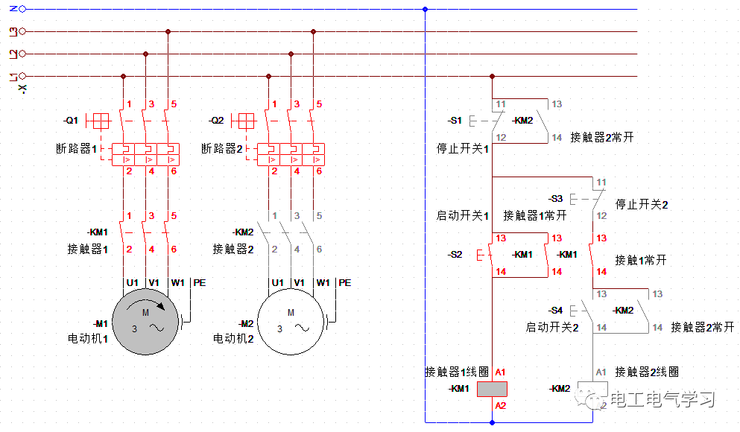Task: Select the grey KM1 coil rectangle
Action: coord(492,388)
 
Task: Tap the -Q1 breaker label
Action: coord(71,121)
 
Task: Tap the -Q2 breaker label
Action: coord(216,121)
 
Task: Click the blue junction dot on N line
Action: coord(425,9)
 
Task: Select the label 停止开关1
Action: coord(463,149)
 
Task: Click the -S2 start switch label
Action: coord(455,255)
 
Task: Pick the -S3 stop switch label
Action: coord(555,199)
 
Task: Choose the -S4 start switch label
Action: coord(555,310)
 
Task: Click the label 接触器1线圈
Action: coord(457,372)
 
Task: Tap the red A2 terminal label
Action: coord(500,405)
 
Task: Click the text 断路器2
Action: coord(222,149)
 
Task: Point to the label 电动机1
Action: coord(87,338)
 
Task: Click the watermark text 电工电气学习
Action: coord(662,400)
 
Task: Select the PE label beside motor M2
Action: coord(344,283)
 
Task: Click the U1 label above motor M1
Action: coord(132,283)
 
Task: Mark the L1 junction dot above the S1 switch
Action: coord(492,76)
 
